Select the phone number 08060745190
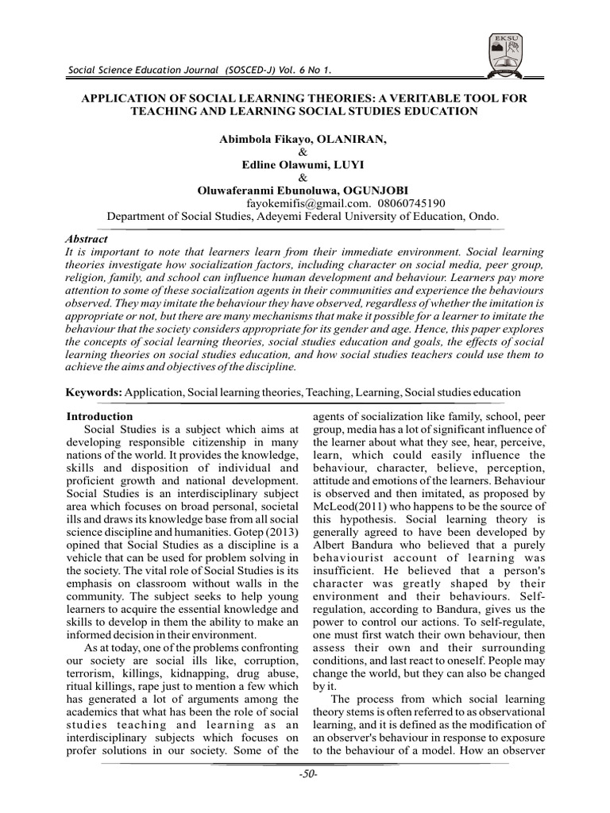pos(401,202)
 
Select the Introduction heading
pos(99,416)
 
